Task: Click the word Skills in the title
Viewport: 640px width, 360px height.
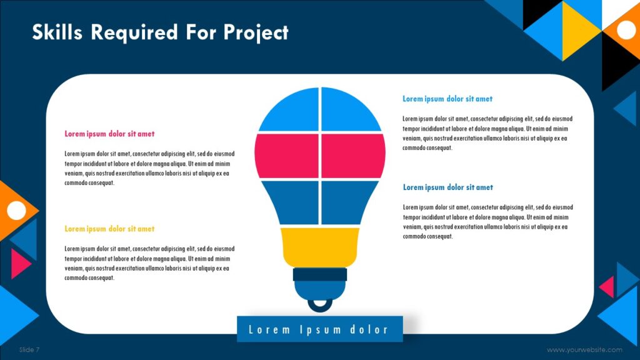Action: (57, 32)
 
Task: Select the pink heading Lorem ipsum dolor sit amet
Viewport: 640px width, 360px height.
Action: (109, 134)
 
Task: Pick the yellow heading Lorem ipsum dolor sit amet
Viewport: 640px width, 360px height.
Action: (109, 229)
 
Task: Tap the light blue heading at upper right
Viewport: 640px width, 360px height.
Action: (447, 99)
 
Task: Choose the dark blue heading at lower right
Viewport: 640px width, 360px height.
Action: (447, 187)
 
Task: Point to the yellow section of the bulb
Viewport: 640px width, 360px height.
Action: (320, 246)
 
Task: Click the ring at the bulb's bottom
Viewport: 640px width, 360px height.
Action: (320, 304)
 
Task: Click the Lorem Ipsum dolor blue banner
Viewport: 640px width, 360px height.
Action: (319, 329)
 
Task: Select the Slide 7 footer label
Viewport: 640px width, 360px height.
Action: (29, 349)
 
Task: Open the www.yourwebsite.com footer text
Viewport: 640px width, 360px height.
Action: (584, 350)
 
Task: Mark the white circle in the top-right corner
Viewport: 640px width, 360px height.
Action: (626, 29)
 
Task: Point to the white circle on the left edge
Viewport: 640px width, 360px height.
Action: (16, 211)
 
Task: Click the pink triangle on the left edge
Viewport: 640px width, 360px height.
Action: (19, 263)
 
